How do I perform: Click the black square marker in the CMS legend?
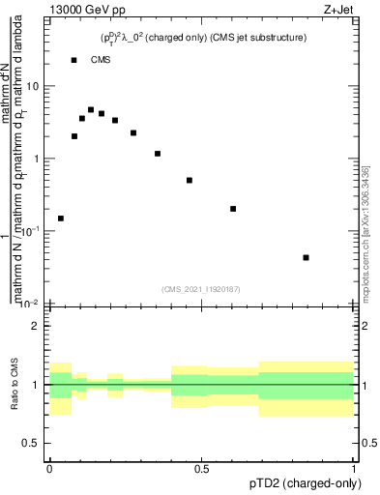[74, 60]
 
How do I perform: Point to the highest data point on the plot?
[91, 110]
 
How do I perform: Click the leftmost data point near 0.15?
[61, 218]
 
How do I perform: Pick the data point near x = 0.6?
[233, 209]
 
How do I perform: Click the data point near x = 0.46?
[190, 180]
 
